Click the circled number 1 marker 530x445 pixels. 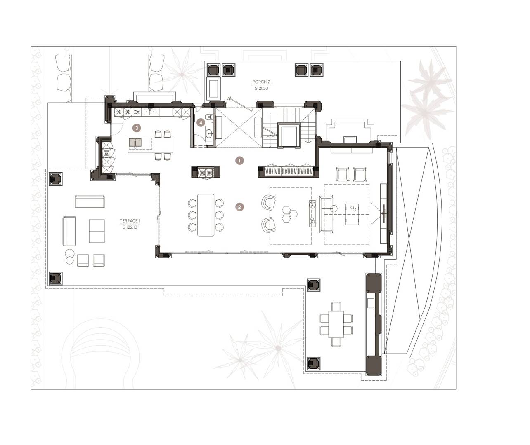[239, 160]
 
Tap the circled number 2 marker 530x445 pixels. [239, 207]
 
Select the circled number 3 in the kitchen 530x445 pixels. [137, 128]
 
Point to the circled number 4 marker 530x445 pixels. [201, 123]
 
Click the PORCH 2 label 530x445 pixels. [261, 82]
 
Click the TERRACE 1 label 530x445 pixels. [130, 221]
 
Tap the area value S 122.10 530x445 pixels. [130, 227]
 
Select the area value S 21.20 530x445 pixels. [261, 89]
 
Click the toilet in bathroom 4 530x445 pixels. [208, 117]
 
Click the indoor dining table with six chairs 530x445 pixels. [206, 215]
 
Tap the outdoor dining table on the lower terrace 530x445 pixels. [336, 324]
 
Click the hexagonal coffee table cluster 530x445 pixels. [289, 214]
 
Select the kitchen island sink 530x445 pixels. [135, 143]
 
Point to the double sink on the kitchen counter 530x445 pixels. [150, 112]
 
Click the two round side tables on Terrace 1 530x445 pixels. [69, 256]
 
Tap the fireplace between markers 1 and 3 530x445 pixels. [206, 172]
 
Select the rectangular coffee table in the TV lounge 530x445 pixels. [352, 214]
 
